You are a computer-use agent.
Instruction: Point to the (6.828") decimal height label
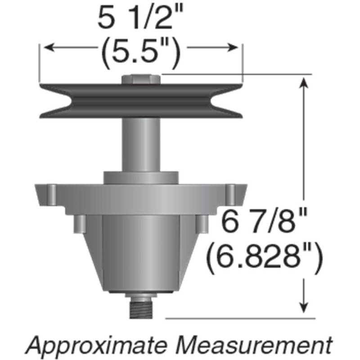[264, 257]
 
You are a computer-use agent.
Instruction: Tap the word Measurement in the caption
[254, 344]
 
